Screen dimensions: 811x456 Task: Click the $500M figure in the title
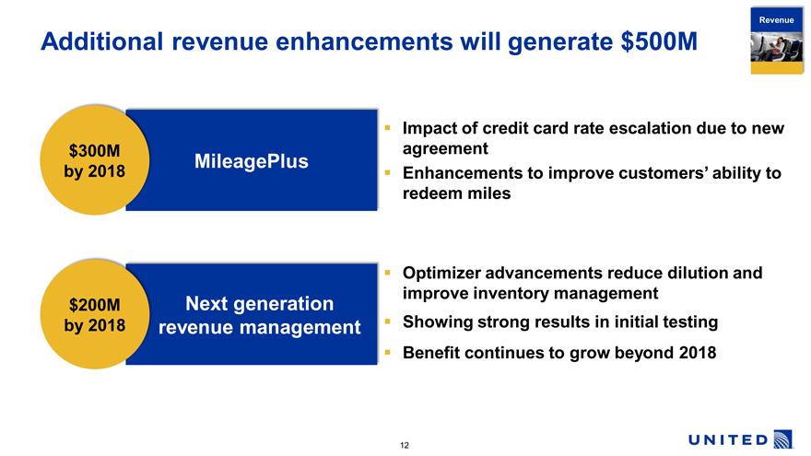point(659,41)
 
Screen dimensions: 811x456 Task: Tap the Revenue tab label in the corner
point(776,20)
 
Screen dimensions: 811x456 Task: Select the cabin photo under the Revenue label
point(776,47)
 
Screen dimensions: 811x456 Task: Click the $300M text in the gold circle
point(95,151)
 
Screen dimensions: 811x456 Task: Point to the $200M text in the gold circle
point(95,305)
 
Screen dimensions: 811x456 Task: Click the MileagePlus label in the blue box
point(252,161)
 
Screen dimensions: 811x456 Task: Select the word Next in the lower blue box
point(206,303)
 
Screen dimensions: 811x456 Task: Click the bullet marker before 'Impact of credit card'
point(387,127)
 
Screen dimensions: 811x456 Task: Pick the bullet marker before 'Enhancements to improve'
point(387,172)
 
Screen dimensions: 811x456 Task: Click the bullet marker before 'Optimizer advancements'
point(387,272)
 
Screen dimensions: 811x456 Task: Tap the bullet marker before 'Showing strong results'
point(387,322)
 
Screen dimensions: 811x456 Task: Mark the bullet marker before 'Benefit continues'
point(387,352)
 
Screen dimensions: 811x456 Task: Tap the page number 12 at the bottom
point(405,445)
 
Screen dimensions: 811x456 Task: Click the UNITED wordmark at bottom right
point(728,440)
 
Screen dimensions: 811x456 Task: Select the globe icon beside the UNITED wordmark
point(783,438)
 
